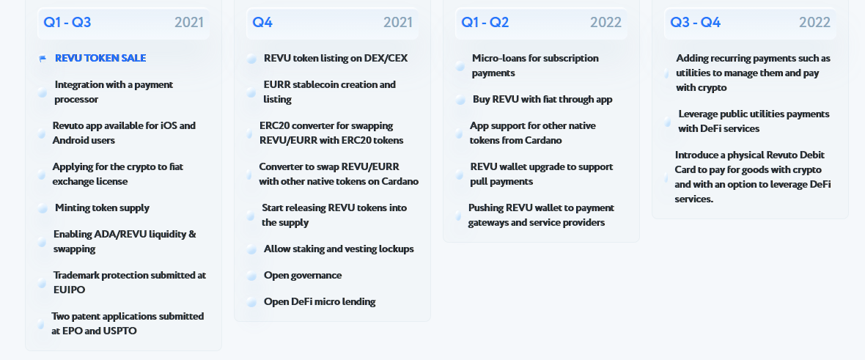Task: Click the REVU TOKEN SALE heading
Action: (100, 58)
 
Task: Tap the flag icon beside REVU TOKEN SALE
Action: (43, 59)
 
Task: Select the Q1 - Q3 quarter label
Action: (67, 23)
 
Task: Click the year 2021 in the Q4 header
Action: (398, 23)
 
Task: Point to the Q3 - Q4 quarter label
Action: (695, 23)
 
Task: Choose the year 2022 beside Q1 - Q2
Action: (605, 23)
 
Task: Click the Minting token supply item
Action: (102, 208)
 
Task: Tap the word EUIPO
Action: (70, 290)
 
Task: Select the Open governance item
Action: (303, 276)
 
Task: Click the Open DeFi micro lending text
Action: (320, 301)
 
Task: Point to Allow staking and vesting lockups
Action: (339, 249)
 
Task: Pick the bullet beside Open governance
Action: (252, 276)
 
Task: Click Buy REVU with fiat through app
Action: (542, 100)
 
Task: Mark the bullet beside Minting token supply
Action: (43, 208)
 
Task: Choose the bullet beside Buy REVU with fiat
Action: (460, 100)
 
